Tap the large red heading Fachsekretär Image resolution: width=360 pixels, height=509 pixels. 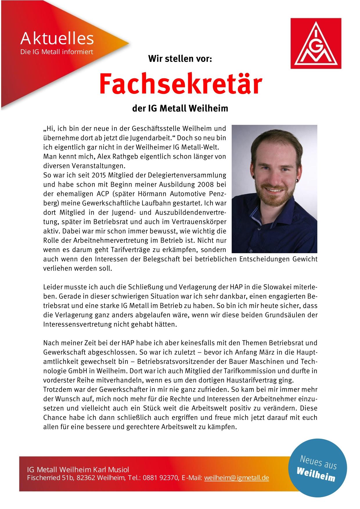coord(180,84)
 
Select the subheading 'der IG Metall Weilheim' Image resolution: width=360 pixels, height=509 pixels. coord(180,109)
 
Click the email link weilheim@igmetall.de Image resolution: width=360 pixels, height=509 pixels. coord(237,478)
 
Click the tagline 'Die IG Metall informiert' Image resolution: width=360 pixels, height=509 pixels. coord(56,52)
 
